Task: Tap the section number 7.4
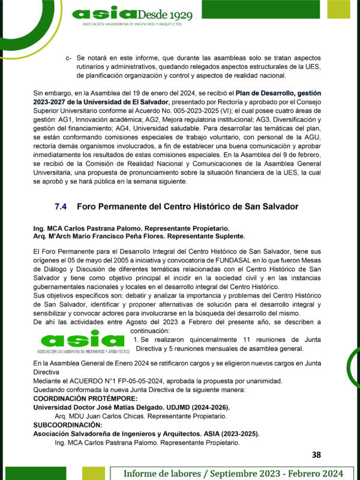pyautogui.click(x=61, y=206)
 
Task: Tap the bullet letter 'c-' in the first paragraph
pyautogui.click(x=69, y=58)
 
